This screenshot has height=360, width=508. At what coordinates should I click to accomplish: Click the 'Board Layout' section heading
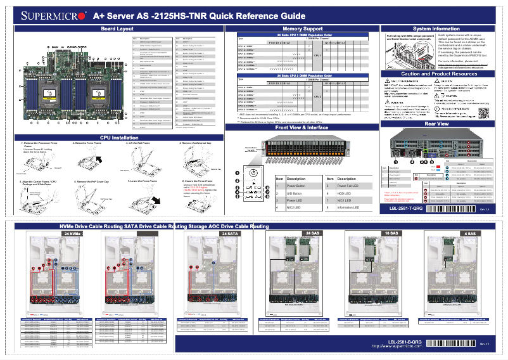coord(117,29)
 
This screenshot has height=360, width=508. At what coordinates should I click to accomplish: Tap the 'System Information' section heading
coord(436,29)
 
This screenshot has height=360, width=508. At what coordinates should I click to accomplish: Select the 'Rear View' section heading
coord(436,124)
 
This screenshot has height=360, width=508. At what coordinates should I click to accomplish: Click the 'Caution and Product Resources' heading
coord(436,74)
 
